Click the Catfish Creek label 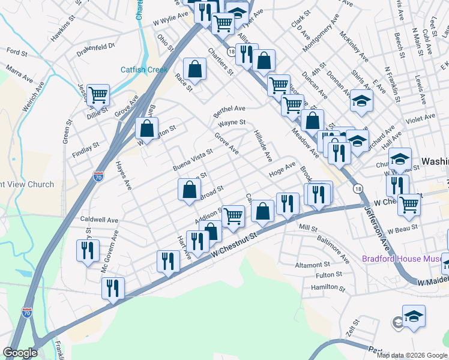[143, 69]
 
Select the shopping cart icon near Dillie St [98, 95]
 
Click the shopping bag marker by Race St [195, 69]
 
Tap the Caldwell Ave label [100, 220]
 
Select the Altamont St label [312, 264]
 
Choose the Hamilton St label [328, 287]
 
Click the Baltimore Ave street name [334, 252]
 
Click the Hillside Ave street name [263, 146]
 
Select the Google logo [20, 353]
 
